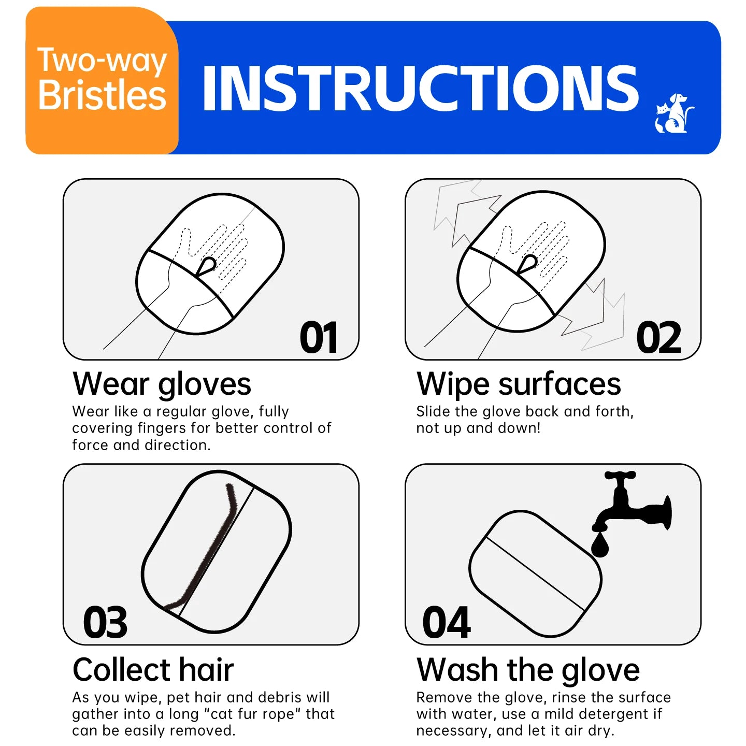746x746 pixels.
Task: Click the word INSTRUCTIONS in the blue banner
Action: click(x=420, y=89)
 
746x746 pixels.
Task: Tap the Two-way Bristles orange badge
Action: click(x=102, y=80)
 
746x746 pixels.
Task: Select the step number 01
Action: click(x=319, y=338)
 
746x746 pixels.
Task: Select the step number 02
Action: click(x=658, y=338)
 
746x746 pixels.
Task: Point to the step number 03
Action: click(x=105, y=623)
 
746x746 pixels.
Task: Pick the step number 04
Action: click(x=446, y=623)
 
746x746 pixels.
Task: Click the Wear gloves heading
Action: click(x=162, y=384)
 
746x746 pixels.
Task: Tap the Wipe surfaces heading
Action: click(x=519, y=384)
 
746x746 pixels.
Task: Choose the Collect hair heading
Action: click(x=153, y=669)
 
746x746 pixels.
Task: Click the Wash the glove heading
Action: click(x=528, y=669)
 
